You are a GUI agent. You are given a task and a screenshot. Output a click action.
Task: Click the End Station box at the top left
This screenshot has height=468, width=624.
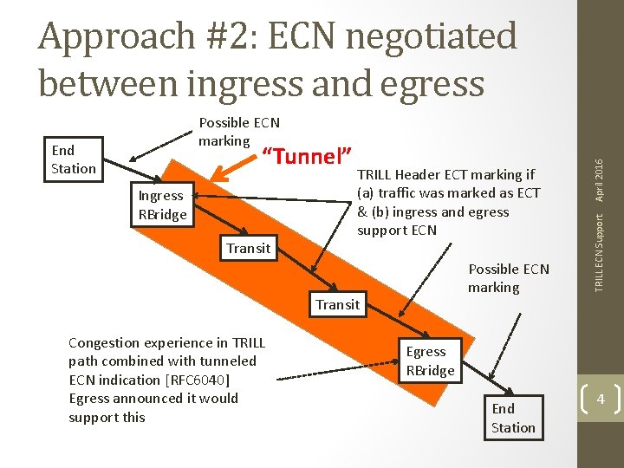click(73, 159)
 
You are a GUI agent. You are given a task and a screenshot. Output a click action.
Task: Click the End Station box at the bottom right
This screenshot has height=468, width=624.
click(513, 418)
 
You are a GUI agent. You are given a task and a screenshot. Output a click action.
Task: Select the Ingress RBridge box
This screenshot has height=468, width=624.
click(162, 205)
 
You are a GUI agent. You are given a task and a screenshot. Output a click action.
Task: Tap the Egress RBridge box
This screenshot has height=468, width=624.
click(429, 361)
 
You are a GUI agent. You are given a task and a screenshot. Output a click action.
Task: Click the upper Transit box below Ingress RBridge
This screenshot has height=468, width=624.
click(248, 249)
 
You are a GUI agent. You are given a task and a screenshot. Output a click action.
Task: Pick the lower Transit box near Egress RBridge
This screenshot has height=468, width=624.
click(337, 304)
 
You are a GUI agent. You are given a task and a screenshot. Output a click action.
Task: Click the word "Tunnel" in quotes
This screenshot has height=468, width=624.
click(306, 156)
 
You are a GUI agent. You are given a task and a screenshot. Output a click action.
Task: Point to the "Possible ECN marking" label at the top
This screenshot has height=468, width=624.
click(238, 131)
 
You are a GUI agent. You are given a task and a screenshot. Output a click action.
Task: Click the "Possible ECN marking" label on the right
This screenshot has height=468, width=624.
click(508, 277)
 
